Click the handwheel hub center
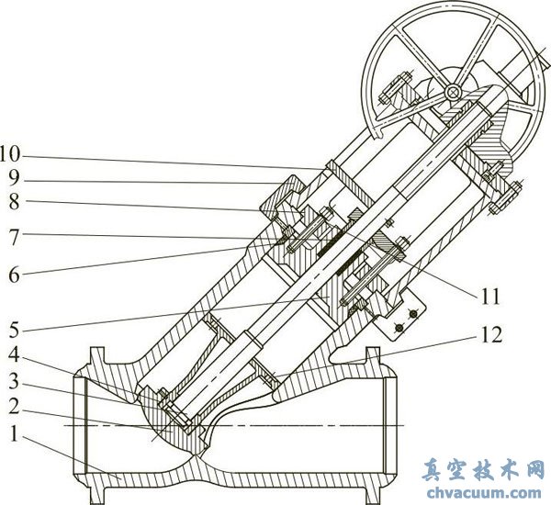click(x=451, y=93)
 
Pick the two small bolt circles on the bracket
click(x=405, y=321)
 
